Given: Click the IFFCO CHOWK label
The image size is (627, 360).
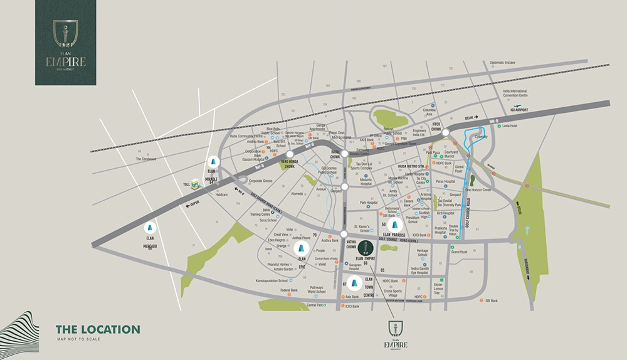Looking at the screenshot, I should point(436,125).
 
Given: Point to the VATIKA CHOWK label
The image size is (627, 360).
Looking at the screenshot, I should point(351,243).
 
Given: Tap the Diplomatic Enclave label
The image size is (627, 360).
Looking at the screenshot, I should point(506,63).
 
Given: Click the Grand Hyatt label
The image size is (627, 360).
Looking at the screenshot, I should point(460,252).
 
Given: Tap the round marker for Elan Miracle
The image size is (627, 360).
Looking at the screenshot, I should point(213,160).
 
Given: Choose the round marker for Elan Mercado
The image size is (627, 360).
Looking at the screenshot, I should point(150,228).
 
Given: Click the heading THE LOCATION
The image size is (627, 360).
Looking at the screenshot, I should point(98,329).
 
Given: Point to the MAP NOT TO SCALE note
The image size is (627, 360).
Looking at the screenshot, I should point(78,339).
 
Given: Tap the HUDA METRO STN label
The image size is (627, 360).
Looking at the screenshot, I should point(412,166).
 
